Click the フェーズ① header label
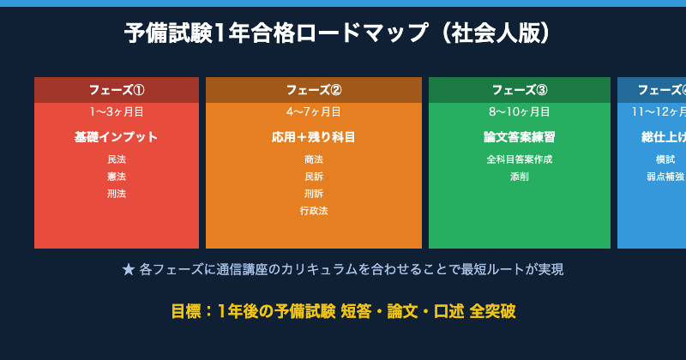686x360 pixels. pyautogui.click(x=117, y=90)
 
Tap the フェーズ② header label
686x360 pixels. pyautogui.click(x=314, y=90)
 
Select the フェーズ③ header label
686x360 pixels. pyautogui.click(x=520, y=90)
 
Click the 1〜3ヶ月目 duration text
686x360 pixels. pyautogui.click(x=117, y=111)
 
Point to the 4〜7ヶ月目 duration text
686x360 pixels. pyautogui.click(x=314, y=111)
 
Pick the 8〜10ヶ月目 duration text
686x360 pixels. pyautogui.click(x=520, y=111)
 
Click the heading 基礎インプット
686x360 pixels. pyautogui.click(x=117, y=137)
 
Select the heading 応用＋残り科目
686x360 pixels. pyautogui.click(x=314, y=137)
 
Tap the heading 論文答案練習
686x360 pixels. pyautogui.click(x=520, y=137)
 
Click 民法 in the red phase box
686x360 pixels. pyautogui.click(x=117, y=159)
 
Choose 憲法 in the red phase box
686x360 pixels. pyautogui.click(x=117, y=177)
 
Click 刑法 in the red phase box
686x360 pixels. pyautogui.click(x=117, y=194)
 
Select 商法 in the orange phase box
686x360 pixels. pyautogui.click(x=314, y=159)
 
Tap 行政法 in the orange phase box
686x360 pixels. pyautogui.click(x=314, y=211)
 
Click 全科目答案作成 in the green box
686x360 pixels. pyautogui.click(x=520, y=159)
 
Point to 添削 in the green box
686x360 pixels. pyautogui.click(x=520, y=177)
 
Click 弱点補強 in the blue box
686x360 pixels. pyautogui.click(x=665, y=177)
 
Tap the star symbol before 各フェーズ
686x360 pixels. pyautogui.click(x=129, y=270)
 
